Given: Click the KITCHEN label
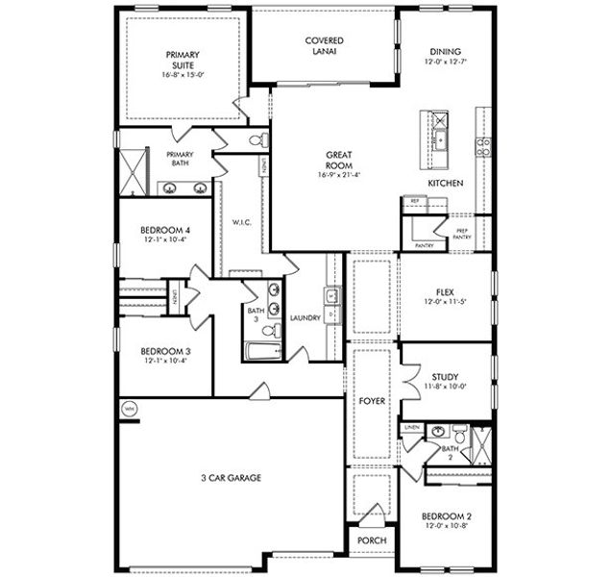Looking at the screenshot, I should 446,183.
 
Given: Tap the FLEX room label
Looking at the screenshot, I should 445,289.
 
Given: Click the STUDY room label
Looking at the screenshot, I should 445,376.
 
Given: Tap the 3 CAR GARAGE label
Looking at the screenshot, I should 232,477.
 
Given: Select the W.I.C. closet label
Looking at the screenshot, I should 241,222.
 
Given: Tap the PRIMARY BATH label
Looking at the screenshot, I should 180,159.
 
